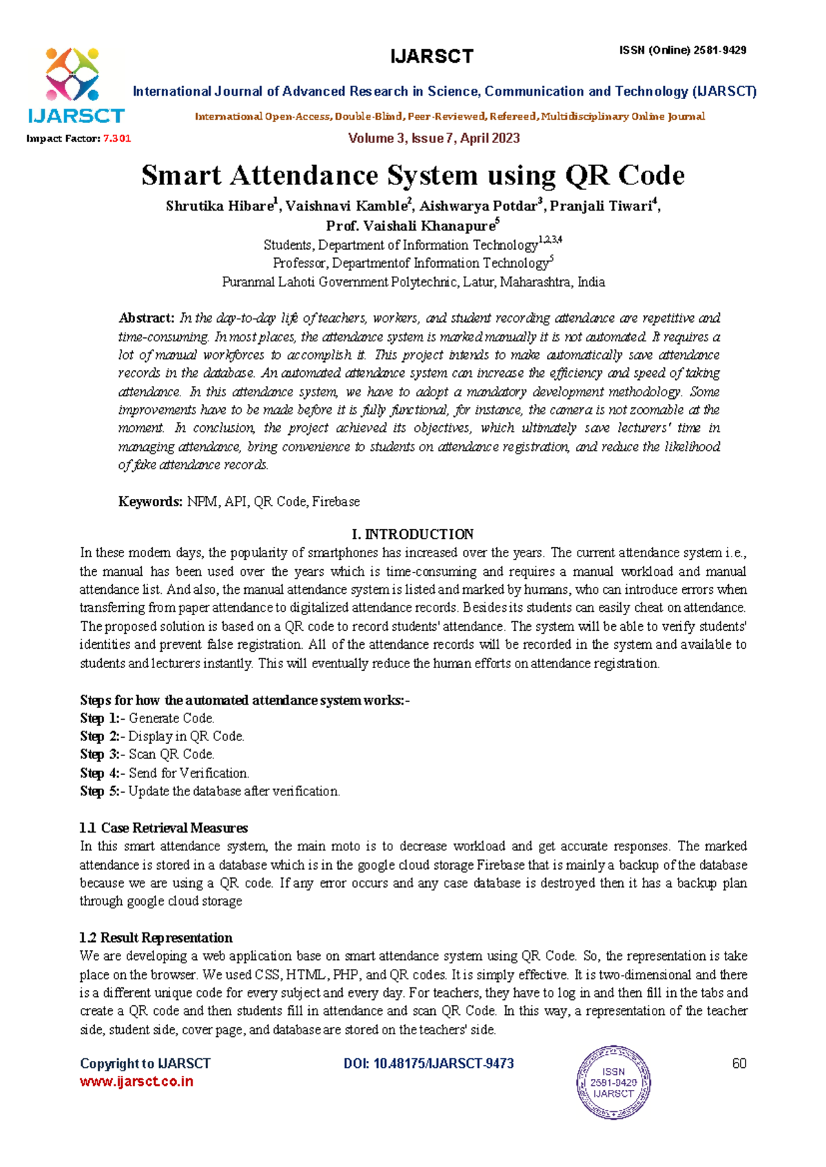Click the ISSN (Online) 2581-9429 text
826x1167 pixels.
[x=682, y=50]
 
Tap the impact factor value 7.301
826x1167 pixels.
[x=116, y=138]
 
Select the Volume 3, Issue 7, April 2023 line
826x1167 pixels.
[x=434, y=138]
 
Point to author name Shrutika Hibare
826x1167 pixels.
[x=220, y=206]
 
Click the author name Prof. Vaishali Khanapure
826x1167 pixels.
[x=410, y=226]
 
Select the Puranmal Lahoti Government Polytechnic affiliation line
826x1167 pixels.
[x=413, y=282]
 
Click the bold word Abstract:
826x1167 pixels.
[x=147, y=318]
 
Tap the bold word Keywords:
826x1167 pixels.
[x=150, y=502]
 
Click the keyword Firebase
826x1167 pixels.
[x=336, y=502]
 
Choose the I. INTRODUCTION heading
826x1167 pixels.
[x=412, y=535]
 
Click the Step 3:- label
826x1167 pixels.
[x=102, y=755]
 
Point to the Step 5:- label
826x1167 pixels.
[x=102, y=791]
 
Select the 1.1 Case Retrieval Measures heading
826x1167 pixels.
[x=163, y=828]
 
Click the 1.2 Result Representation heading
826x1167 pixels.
[x=156, y=938]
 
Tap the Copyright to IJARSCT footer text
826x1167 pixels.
[x=145, y=1064]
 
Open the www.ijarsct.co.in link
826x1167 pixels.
[x=136, y=1082]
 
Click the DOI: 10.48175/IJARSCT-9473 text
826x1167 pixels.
[x=428, y=1064]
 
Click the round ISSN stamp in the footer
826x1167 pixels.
[x=613, y=1082]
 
